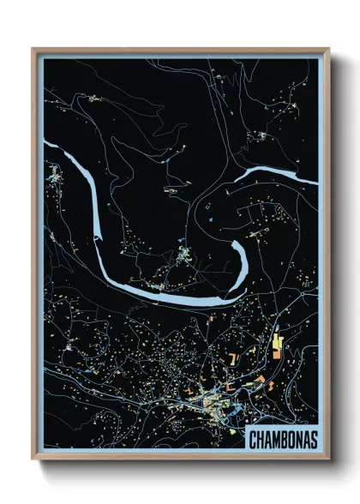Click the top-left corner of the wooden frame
point(33,49)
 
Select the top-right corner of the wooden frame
point(328,49)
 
